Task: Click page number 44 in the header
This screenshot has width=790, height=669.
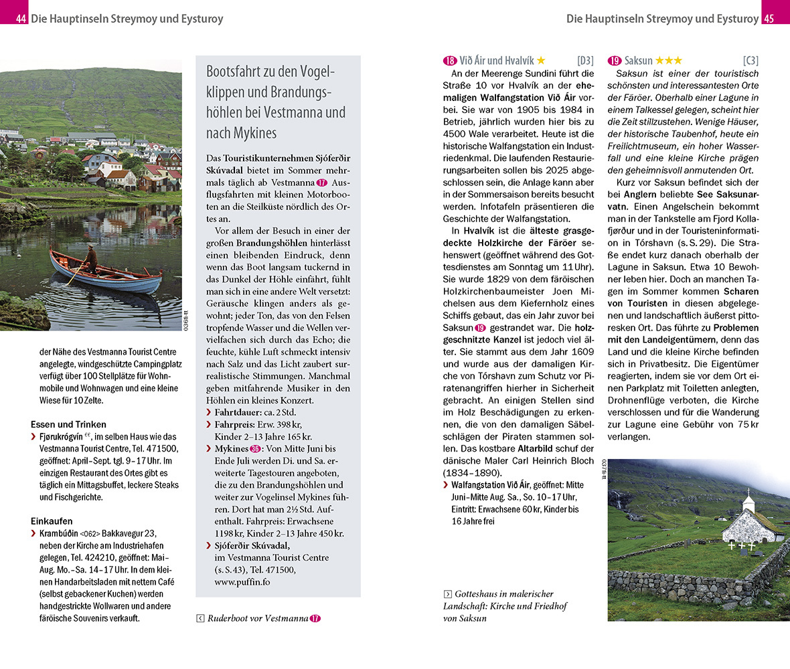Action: pyautogui.click(x=21, y=19)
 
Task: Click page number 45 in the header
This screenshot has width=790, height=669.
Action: pyautogui.click(x=769, y=19)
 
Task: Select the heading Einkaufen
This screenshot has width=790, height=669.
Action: pyautogui.click(x=52, y=520)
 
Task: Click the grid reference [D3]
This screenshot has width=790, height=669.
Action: pyautogui.click(x=585, y=61)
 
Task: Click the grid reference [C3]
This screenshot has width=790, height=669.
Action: pyautogui.click(x=750, y=61)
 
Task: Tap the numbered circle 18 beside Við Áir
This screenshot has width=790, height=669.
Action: pyautogui.click(x=450, y=61)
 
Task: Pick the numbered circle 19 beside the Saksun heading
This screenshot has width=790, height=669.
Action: pyautogui.click(x=615, y=61)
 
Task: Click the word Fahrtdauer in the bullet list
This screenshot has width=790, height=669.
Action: pyautogui.click(x=236, y=412)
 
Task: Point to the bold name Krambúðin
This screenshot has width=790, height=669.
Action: pyautogui.click(x=58, y=533)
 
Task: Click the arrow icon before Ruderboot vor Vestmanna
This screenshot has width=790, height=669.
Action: pyautogui.click(x=200, y=618)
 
